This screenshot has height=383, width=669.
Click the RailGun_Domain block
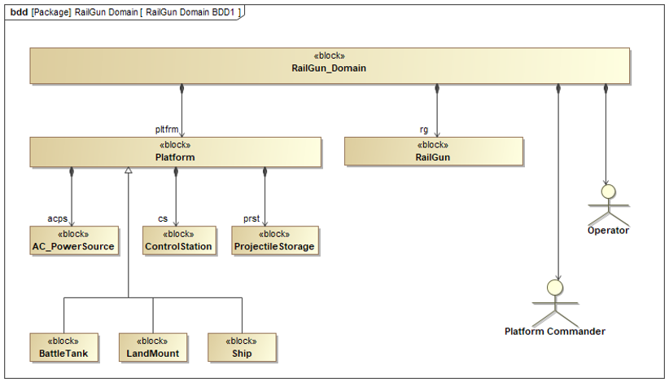point(330,65)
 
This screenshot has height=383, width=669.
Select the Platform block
point(175,152)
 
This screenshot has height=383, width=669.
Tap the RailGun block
point(434,151)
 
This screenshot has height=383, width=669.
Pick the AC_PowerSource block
point(74,240)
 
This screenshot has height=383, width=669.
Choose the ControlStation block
point(179,240)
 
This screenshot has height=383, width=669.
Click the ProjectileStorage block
point(275,240)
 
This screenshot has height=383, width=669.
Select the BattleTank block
point(64,348)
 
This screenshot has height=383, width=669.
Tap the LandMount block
point(153,348)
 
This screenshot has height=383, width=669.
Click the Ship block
point(242,348)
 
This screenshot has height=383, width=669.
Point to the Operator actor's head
point(609,191)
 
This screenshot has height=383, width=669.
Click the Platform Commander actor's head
point(556,288)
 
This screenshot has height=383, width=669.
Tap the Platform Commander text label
point(555,332)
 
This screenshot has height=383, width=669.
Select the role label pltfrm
point(167,129)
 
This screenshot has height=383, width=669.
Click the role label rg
point(424,130)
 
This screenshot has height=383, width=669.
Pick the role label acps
point(58,218)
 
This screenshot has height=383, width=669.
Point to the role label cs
point(163,218)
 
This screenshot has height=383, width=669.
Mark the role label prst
point(251,218)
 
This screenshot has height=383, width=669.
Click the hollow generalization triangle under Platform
point(128,170)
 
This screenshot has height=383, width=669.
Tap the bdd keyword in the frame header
point(19,12)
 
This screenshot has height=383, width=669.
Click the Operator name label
point(608,231)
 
